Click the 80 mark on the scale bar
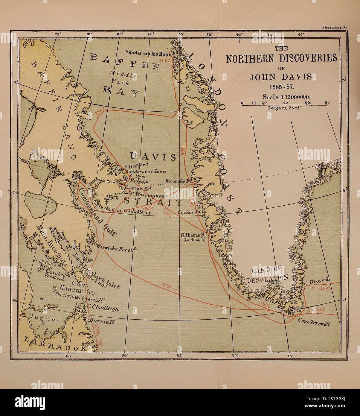(327, 103)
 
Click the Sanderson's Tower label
(146, 172)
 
